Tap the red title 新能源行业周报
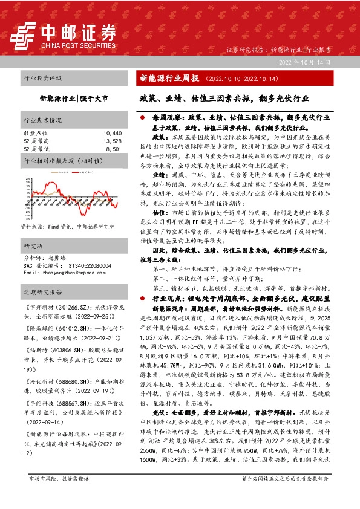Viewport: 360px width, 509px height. pyautogui.click(x=169, y=79)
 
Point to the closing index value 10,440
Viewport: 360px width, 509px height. pyautogui.click(x=113, y=132)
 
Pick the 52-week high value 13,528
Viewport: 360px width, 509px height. pyautogui.click(x=113, y=140)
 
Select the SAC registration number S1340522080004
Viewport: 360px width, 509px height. pyautogui.click(x=85, y=265)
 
